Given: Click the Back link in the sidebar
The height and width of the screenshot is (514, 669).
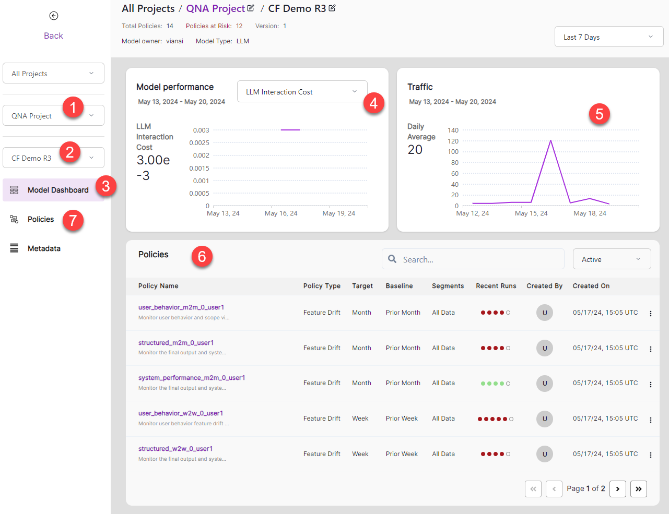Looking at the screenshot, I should click(53, 35).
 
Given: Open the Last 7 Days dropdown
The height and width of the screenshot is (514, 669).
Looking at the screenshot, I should click(608, 37).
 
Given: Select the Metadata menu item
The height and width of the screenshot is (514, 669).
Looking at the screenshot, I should click(44, 248).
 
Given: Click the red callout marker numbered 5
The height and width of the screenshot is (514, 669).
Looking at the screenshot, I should click(599, 114).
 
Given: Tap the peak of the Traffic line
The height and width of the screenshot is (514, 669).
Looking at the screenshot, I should click(550, 140).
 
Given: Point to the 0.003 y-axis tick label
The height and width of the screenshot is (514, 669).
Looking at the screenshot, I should click(201, 130).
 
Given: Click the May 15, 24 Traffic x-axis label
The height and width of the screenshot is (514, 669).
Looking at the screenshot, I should click(531, 213).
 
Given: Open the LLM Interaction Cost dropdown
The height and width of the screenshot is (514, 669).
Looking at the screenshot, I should click(302, 92).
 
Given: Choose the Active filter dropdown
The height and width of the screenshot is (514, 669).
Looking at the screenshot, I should click(612, 259).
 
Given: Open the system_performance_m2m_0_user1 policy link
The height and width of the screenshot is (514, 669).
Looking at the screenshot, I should click(192, 378).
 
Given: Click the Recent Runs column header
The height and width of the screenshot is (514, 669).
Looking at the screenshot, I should click(496, 286).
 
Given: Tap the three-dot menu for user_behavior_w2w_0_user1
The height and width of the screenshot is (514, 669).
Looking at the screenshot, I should click(651, 420).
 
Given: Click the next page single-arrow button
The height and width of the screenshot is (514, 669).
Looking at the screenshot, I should click(618, 489).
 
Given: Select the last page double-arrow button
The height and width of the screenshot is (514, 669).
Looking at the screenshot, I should click(639, 489).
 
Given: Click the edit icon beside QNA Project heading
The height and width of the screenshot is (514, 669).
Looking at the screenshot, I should click(251, 8).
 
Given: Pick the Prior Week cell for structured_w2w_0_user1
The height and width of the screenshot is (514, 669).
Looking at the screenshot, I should click(402, 454).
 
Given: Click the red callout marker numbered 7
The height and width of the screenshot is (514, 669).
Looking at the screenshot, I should click(73, 220).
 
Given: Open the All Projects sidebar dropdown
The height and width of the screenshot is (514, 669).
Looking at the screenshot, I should click(53, 74).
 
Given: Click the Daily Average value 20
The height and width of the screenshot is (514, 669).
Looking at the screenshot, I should click(415, 150).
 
